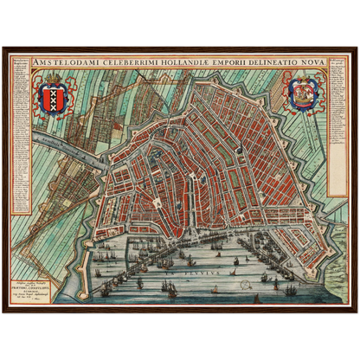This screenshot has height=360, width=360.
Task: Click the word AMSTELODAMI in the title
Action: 61,63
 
